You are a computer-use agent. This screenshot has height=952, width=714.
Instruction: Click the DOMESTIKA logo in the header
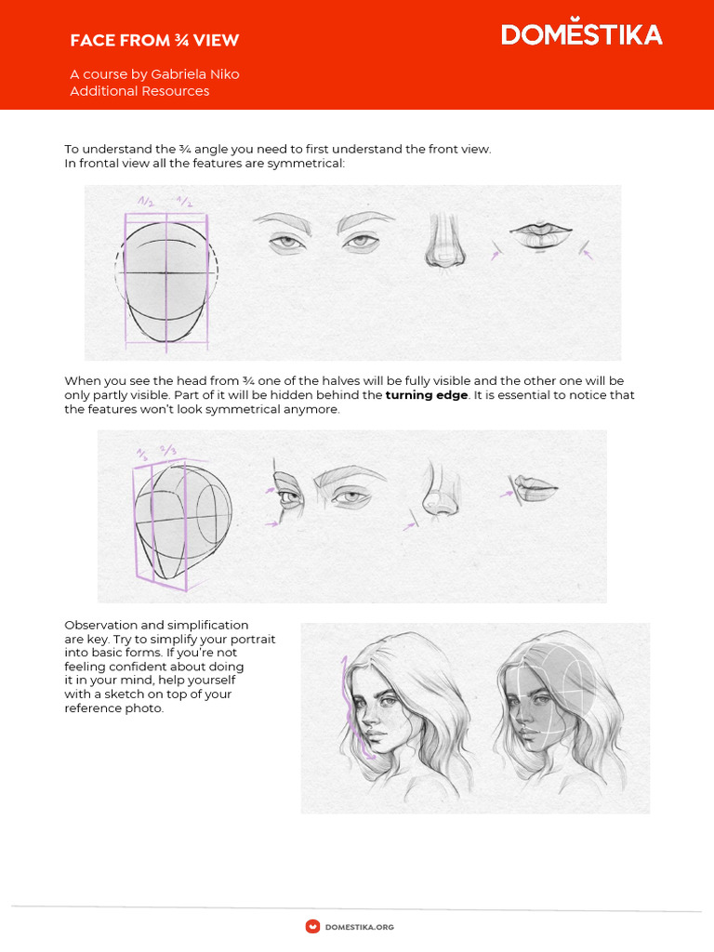(x=581, y=35)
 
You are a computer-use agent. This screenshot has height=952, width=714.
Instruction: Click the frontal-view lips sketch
(x=540, y=236)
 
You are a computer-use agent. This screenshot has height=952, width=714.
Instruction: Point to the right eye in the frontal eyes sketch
(x=359, y=243)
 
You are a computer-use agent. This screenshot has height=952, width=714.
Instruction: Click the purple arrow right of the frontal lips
(x=587, y=249)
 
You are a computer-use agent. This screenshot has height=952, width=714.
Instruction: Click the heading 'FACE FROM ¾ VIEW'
(x=154, y=40)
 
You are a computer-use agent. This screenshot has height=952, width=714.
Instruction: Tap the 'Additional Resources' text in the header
(x=139, y=91)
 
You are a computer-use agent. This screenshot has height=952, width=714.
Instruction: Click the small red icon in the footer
(x=313, y=926)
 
